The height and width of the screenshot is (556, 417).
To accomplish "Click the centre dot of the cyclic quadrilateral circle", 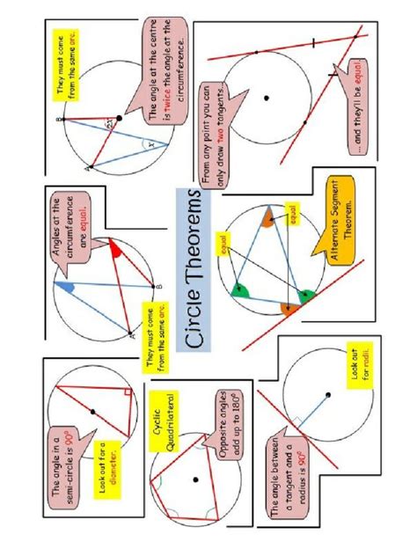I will (x=194, y=480).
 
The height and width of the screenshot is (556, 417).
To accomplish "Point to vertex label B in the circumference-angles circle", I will (x=158, y=287).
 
